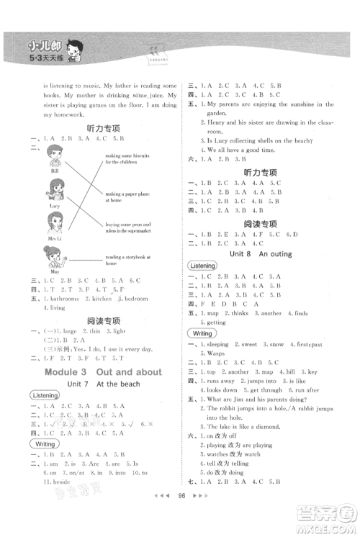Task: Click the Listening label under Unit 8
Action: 202,266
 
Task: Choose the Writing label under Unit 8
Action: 201,333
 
